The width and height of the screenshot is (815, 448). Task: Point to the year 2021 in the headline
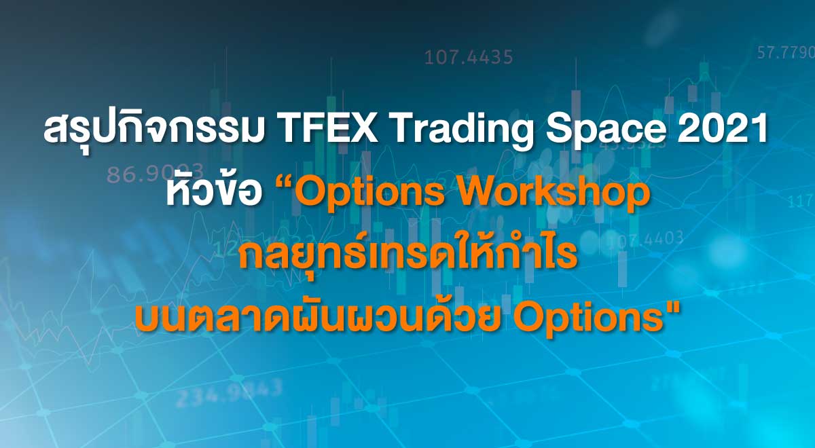click(x=731, y=130)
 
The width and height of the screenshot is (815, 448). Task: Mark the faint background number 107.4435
click(x=469, y=58)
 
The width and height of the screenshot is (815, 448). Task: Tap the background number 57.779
click(x=786, y=52)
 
